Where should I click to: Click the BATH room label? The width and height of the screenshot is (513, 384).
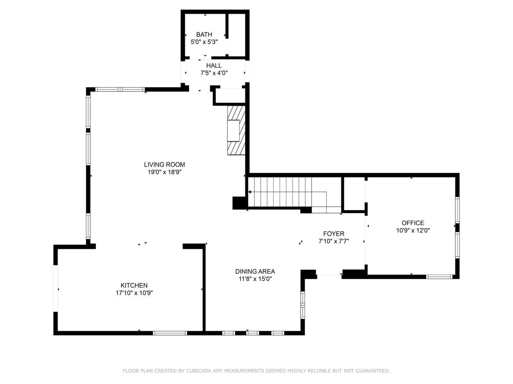[204, 35]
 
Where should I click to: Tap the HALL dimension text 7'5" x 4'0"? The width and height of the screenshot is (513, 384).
[214, 73]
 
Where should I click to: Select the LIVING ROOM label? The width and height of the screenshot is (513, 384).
[164, 164]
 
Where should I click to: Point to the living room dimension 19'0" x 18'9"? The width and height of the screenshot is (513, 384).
[164, 172]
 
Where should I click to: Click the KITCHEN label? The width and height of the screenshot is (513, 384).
[134, 285]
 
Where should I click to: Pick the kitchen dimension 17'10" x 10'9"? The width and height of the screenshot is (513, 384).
[134, 293]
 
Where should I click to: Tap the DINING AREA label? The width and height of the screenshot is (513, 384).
[255, 271]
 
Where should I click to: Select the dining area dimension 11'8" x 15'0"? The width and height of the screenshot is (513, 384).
[255, 279]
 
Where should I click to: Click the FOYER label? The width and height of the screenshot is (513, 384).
[334, 234]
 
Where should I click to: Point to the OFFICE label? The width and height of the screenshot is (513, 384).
[413, 223]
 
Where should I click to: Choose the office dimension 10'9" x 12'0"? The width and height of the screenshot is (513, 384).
[413, 230]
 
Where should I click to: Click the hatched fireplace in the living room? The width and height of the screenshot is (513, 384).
[236, 130]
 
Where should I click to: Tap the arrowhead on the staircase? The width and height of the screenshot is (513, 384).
[249, 192]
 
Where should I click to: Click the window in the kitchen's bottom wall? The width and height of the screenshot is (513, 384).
[170, 333]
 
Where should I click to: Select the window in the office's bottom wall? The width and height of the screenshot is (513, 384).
[439, 277]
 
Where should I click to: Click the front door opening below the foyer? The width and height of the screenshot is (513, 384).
[329, 275]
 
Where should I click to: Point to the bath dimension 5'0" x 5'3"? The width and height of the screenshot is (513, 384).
[204, 42]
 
